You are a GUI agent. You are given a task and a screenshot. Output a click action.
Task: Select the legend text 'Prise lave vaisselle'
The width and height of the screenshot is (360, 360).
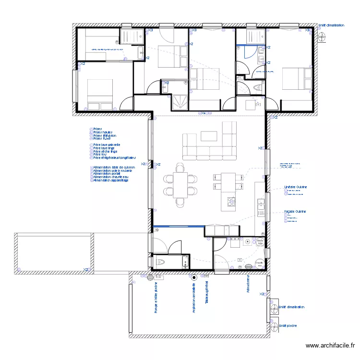pos(107,144)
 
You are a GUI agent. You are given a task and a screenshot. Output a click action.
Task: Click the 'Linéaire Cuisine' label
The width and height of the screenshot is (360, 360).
pos(295,187)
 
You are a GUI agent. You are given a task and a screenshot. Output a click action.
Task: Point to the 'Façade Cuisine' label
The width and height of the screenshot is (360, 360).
pos(295,211)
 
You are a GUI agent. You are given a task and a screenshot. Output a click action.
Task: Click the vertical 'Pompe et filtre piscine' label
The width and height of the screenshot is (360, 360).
pos(156,298)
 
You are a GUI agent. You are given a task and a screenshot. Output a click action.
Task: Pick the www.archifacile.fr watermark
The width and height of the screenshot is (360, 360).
pos(331,345)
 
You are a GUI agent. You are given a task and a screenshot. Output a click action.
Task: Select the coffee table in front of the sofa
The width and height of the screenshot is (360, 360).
pos(209,136)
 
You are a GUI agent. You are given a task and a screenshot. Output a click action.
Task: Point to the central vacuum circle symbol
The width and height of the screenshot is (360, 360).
pos(194,277)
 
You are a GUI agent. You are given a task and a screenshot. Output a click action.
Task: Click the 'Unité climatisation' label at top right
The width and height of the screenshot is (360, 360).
pos(331,25)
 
